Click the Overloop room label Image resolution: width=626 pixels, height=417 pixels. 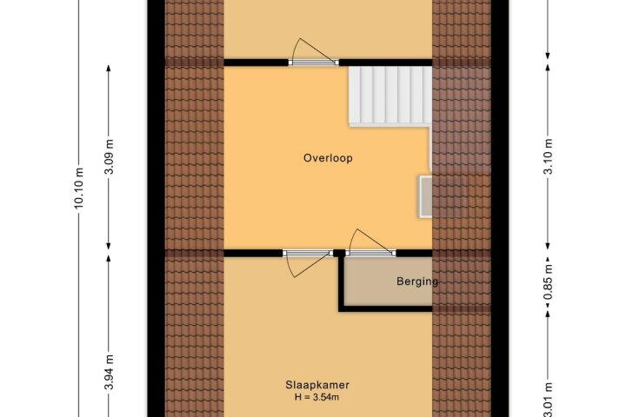(x=328, y=158)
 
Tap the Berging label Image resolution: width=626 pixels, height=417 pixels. (x=417, y=281)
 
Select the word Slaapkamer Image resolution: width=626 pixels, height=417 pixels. (x=317, y=385)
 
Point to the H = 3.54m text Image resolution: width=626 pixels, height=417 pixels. (x=317, y=397)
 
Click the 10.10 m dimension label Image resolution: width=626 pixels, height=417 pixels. (x=78, y=188)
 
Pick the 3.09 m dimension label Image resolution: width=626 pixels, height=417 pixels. (x=109, y=156)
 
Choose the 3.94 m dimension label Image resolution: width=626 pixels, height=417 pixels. (x=109, y=372)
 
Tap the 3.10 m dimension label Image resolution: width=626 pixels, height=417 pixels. (x=549, y=156)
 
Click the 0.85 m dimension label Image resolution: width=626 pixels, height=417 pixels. (x=549, y=282)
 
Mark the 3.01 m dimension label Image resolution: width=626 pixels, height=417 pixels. (x=549, y=400)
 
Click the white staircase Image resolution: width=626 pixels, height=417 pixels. (x=390, y=96)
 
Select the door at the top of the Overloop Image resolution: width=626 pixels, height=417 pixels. (x=314, y=51)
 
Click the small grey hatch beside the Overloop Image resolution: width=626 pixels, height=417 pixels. (x=425, y=196)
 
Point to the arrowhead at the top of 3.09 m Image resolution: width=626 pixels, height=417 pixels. (x=109, y=69)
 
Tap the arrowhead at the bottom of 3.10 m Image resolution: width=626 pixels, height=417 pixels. (x=548, y=246)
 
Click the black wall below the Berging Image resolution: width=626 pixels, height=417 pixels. (x=386, y=309)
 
